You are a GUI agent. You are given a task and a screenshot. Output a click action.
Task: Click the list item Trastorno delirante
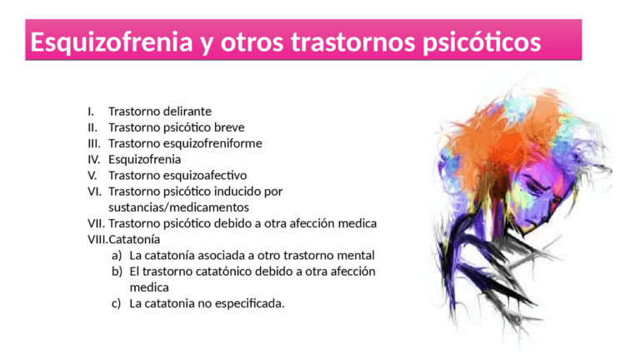click(x=160, y=111)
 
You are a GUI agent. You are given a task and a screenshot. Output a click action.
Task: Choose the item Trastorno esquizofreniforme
click(x=185, y=143)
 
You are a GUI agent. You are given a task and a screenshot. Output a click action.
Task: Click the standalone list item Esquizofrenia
click(x=144, y=159)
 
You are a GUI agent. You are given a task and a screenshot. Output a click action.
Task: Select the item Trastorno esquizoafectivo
click(x=177, y=175)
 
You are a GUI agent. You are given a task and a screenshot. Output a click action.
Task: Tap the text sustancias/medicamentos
click(x=179, y=207)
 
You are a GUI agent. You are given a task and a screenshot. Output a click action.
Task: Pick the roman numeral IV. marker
click(x=94, y=159)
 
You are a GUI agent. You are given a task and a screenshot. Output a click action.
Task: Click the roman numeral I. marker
click(x=91, y=111)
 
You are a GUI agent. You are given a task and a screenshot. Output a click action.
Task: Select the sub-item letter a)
click(x=117, y=255)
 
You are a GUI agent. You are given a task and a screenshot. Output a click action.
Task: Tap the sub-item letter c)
click(x=117, y=302)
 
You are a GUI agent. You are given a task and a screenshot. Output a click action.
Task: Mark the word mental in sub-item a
click(x=357, y=255)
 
